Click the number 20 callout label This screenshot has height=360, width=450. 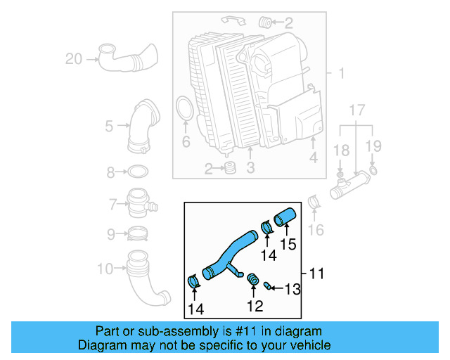[74, 59]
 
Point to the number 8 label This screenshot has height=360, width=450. [110, 172]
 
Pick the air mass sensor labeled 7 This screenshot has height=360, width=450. [139, 205]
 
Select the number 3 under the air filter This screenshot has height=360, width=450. [250, 167]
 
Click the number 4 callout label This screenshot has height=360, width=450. [314, 158]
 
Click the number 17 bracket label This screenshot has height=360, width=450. [357, 110]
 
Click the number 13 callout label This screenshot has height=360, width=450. [292, 288]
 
